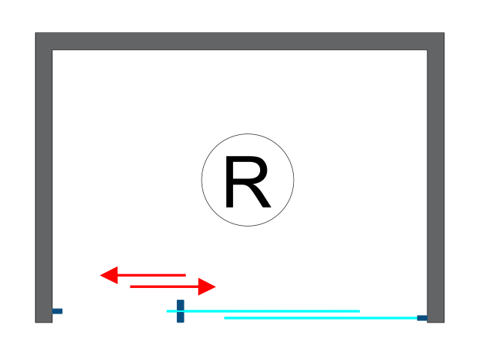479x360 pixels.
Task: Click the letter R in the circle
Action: pyautogui.click(x=247, y=182)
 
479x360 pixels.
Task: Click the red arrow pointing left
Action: pyautogui.click(x=142, y=275)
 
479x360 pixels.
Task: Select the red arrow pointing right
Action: pyautogui.click(x=172, y=286)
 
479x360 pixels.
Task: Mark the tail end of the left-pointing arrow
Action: pyautogui.click(x=184, y=275)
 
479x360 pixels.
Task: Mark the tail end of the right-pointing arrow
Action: pyautogui.click(x=131, y=286)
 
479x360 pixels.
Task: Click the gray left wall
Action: pyautogui.click(x=43, y=180)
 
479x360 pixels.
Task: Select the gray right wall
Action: pyautogui.click(x=436, y=180)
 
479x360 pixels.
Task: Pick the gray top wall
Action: pyautogui.click(x=240, y=41)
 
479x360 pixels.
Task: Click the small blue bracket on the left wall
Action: pyautogui.click(x=57, y=310)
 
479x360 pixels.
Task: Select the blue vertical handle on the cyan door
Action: pyautogui.click(x=180, y=311)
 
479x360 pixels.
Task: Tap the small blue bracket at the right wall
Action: pyautogui.click(x=422, y=318)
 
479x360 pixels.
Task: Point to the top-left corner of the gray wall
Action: pyautogui.click(x=37, y=34)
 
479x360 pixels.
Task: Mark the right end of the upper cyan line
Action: pyautogui.click(x=359, y=310)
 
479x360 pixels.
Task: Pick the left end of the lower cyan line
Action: pyautogui.click(x=226, y=318)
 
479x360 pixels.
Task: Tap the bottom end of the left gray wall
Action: pyautogui.click(x=43, y=320)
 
